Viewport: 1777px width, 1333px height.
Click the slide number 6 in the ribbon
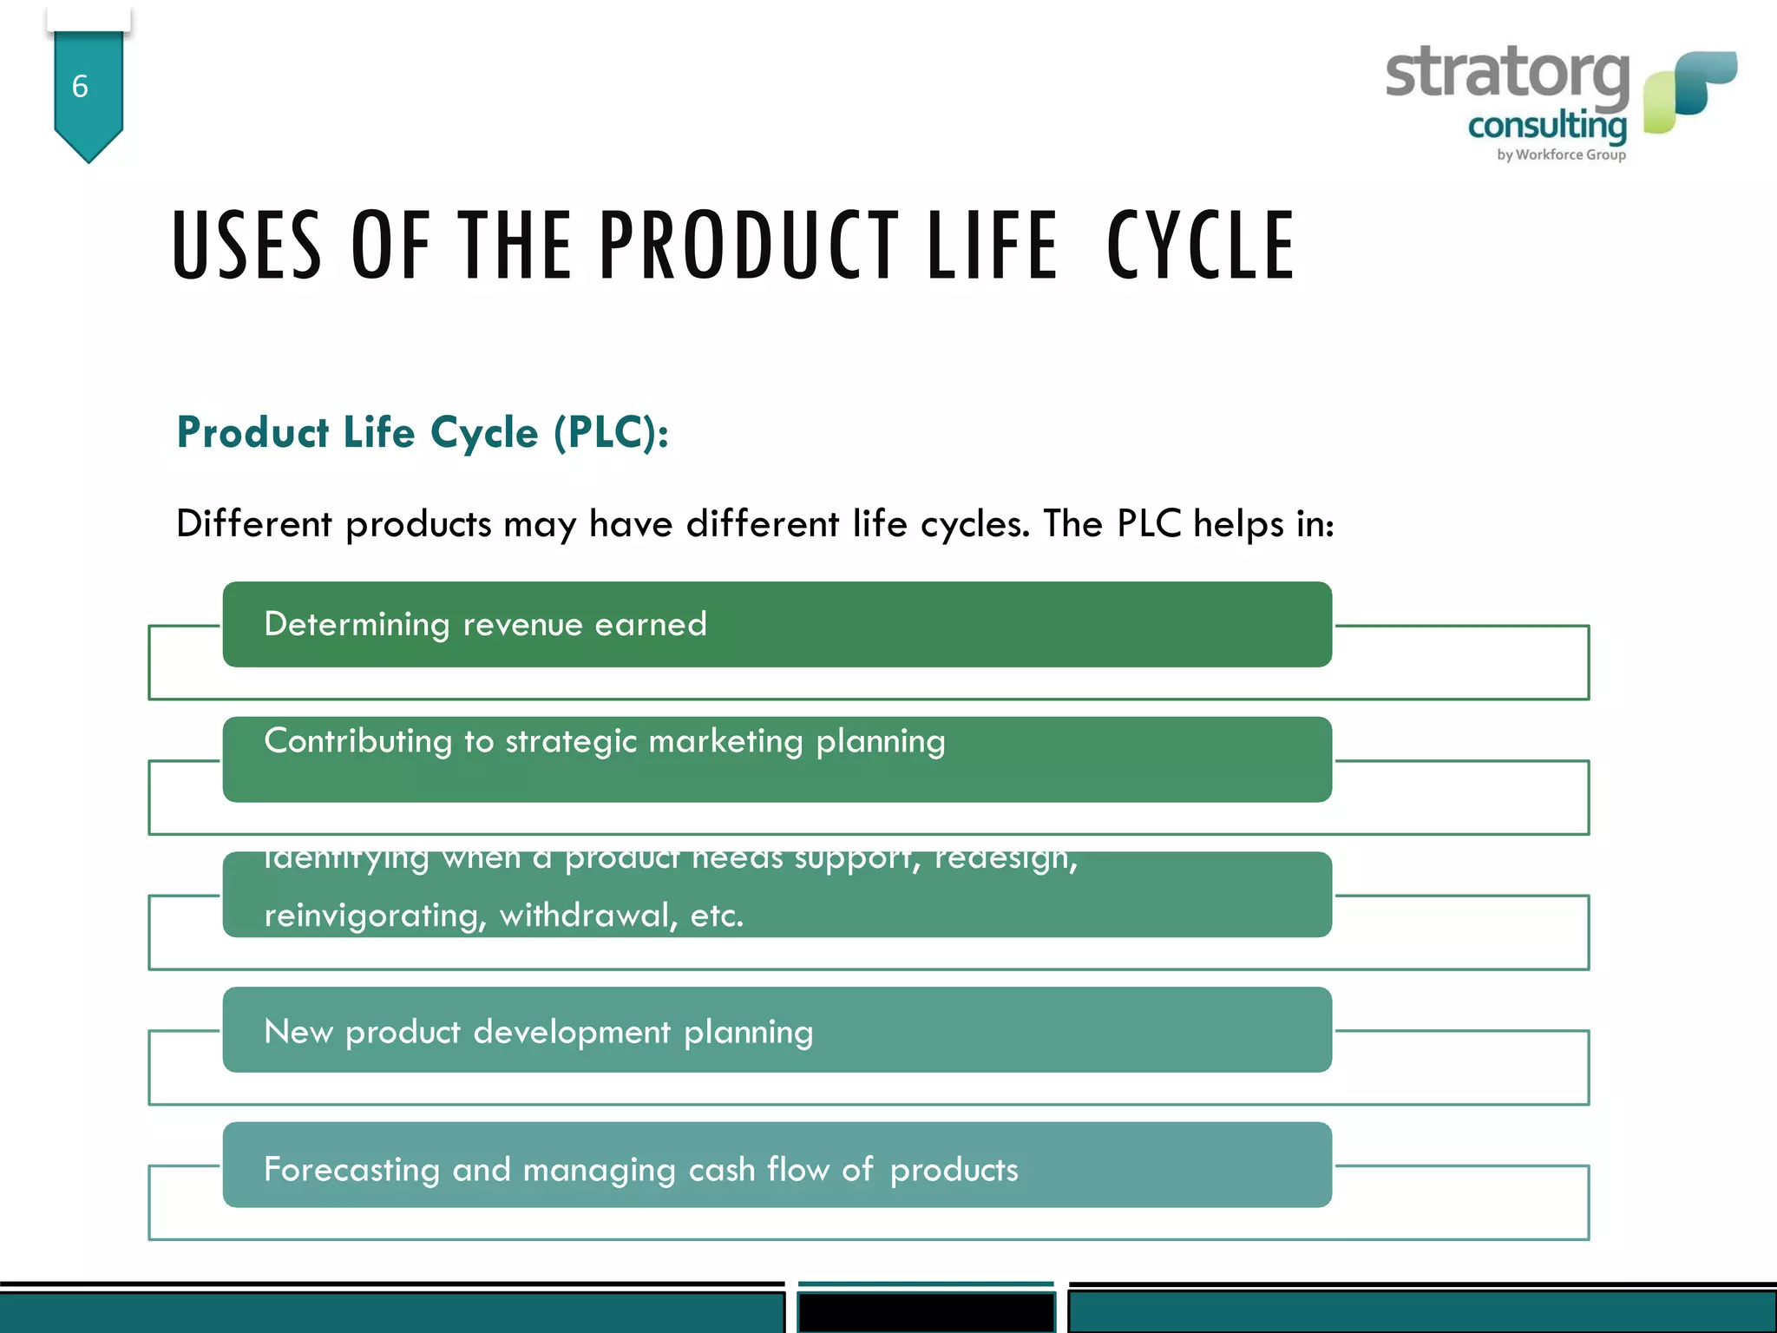click(80, 86)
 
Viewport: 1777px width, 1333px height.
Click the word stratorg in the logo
click(1507, 76)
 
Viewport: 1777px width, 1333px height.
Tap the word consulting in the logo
click(1547, 127)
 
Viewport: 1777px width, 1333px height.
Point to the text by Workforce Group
click(1561, 154)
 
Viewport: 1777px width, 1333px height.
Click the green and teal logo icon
click(1689, 91)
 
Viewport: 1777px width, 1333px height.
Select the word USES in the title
click(247, 246)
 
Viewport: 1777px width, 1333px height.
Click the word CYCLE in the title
click(1201, 246)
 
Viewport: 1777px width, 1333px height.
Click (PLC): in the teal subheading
click(612, 432)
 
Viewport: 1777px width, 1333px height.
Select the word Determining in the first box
click(357, 625)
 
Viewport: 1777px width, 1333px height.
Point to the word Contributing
click(357, 741)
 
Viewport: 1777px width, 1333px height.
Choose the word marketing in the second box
click(725, 742)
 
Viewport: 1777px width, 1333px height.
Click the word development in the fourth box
click(572, 1032)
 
